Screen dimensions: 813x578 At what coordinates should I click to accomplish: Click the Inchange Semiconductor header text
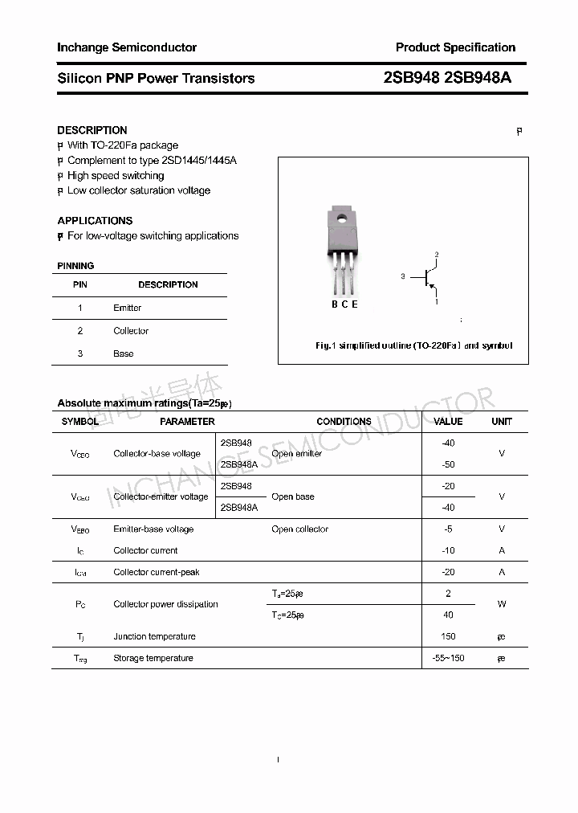click(127, 47)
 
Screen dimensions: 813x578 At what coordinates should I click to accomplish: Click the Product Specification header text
click(455, 47)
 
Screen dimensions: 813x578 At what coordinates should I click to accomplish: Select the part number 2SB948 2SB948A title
click(447, 78)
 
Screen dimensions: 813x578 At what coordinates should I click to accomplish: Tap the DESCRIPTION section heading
click(92, 130)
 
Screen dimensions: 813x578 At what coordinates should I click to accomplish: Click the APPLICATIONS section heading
click(95, 220)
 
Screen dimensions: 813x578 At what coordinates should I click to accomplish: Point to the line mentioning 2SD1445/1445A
click(152, 160)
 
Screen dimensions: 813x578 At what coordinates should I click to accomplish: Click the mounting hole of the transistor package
click(342, 216)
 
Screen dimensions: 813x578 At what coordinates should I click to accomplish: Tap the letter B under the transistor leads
click(335, 304)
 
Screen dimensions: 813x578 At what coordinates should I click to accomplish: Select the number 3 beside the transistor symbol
click(402, 276)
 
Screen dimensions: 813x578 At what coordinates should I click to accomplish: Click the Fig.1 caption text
click(413, 345)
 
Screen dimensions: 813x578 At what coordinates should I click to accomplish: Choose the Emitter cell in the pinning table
click(127, 308)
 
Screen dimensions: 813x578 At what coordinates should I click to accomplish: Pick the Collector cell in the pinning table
click(131, 331)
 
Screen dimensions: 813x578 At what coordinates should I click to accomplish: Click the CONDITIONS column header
click(344, 421)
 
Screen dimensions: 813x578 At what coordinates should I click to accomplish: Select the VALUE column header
click(448, 421)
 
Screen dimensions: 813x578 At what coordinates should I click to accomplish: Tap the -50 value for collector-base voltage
click(448, 464)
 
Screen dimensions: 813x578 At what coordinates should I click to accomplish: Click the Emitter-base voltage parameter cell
click(153, 529)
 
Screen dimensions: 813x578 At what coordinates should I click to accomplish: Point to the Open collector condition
click(299, 529)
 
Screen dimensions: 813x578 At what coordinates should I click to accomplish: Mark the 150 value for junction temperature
click(448, 636)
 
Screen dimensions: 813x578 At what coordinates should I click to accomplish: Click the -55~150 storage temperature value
click(448, 658)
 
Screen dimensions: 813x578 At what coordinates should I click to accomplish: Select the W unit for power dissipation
click(502, 604)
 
